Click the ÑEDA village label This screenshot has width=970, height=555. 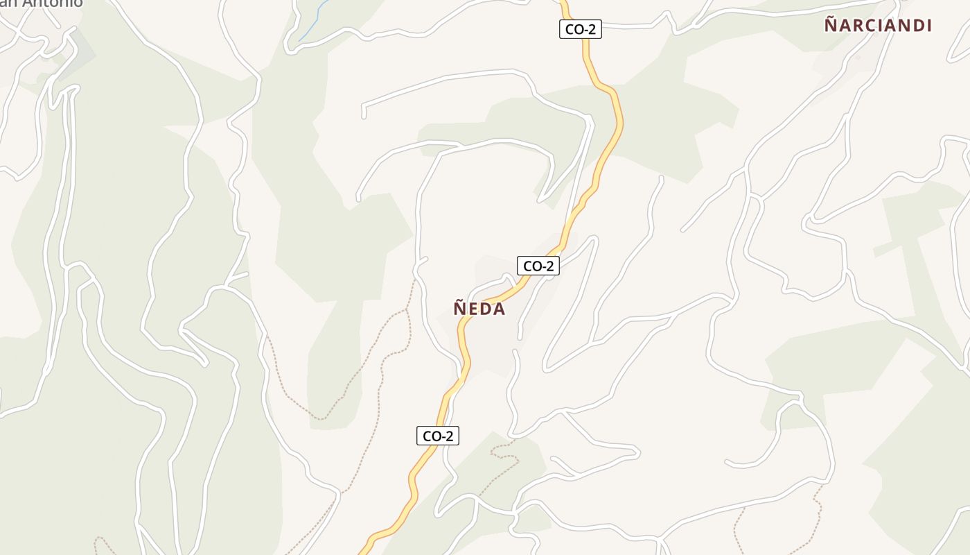(479, 309)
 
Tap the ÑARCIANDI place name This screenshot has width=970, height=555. (877, 26)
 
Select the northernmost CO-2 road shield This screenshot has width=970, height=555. (580, 29)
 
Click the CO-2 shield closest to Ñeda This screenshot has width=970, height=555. (538, 266)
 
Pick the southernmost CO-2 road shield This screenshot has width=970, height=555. (437, 436)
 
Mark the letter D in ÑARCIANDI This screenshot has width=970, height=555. (915, 26)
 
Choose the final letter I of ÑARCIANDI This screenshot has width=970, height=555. (928, 26)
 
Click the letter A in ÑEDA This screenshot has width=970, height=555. (499, 309)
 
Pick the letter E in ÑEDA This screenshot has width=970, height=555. (473, 309)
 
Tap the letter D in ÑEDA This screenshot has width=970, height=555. (486, 309)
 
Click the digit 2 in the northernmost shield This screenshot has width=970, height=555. (592, 29)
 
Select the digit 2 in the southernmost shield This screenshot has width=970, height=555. (450, 436)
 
